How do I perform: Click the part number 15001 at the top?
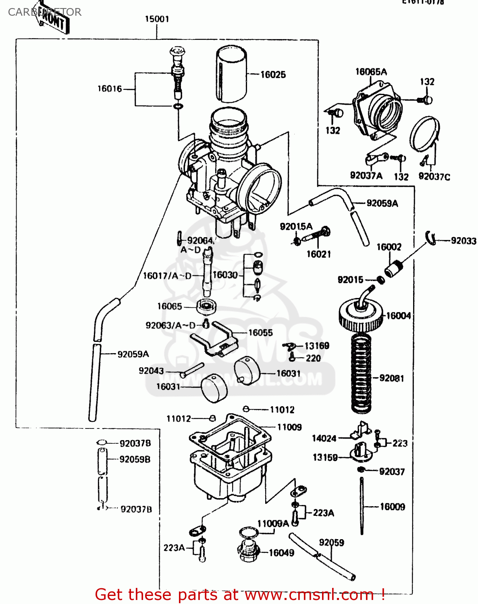pyautogui.click(x=157, y=19)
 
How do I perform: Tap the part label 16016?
pyautogui.click(x=109, y=89)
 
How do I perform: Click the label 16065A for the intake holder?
pyautogui.click(x=371, y=72)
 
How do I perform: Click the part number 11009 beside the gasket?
pyautogui.click(x=289, y=427)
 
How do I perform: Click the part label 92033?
pyautogui.click(x=463, y=241)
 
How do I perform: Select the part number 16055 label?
pyautogui.click(x=260, y=333)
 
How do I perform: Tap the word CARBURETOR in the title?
pyautogui.click(x=44, y=12)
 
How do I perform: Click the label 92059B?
pyautogui.click(x=135, y=459)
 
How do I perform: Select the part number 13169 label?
pyautogui.click(x=317, y=346)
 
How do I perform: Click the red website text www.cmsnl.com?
pyautogui.click(x=309, y=594)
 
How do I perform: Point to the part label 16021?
pyautogui.click(x=318, y=254)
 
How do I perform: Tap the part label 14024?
pyautogui.click(x=324, y=439)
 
